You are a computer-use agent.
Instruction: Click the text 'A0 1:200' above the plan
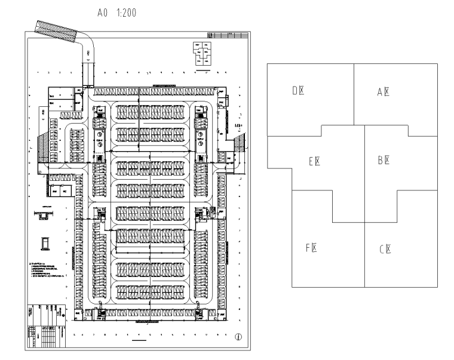point(117,12)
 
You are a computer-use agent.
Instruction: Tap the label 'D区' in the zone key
point(299,91)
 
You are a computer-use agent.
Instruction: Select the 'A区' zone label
point(384,92)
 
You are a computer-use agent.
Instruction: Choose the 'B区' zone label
point(384,160)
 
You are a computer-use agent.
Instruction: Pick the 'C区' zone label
point(385,250)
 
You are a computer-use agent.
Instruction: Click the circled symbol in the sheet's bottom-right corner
point(238,337)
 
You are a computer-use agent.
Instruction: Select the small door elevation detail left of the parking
point(44,242)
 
